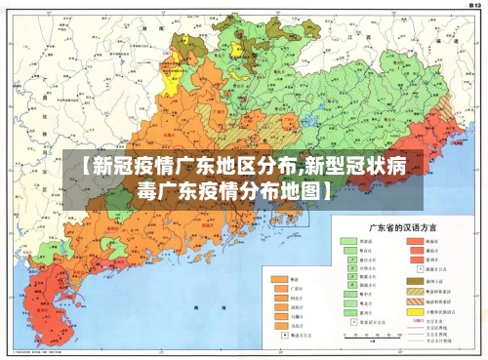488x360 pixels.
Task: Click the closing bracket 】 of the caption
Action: [323, 189]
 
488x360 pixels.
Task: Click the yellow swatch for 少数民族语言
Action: [412, 313]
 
